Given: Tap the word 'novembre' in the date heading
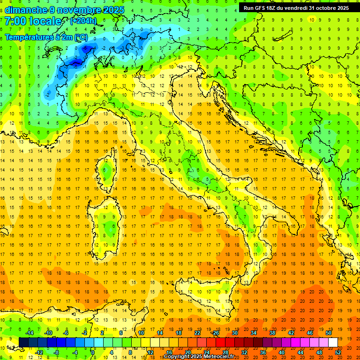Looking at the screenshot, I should click(x=78, y=10).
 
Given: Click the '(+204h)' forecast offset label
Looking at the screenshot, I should click(x=83, y=21).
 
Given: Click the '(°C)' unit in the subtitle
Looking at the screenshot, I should click(x=80, y=37).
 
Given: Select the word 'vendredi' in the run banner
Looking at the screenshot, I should click(x=295, y=8).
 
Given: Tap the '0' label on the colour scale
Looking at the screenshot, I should click(x=93, y=352).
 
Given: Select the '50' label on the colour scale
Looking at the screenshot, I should click(x=329, y=333).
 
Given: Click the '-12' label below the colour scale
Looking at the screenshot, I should click(x=39, y=352).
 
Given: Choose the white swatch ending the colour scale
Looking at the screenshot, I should click(x=333, y=342).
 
